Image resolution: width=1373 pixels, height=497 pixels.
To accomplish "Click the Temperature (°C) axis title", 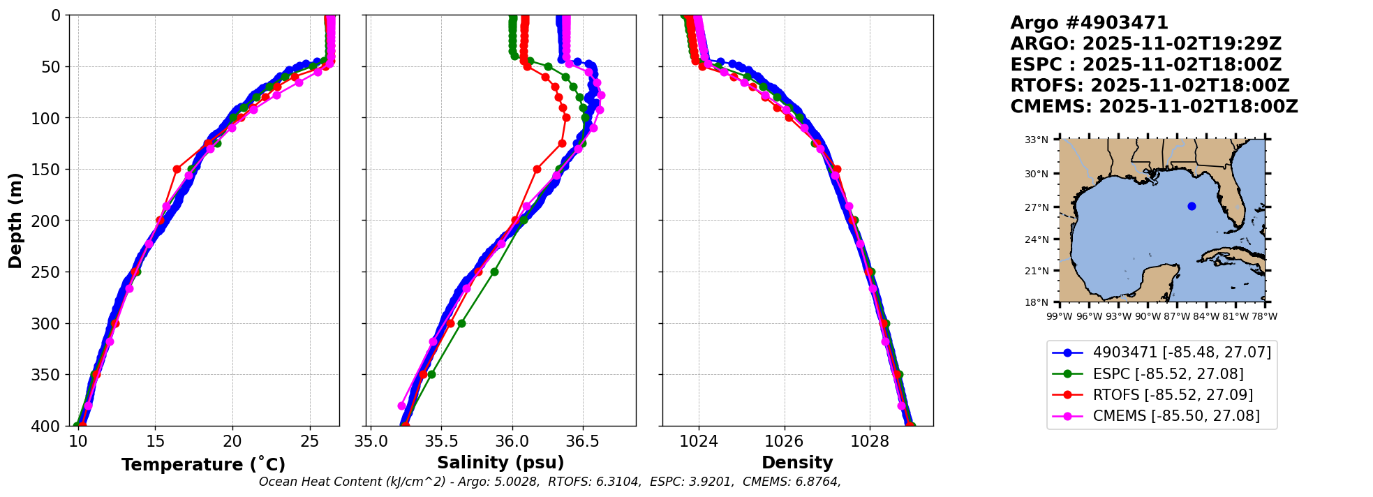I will click(x=203, y=465).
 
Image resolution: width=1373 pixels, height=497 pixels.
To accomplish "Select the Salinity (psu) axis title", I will click(x=500, y=463).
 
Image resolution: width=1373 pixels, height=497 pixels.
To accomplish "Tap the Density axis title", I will click(x=797, y=463).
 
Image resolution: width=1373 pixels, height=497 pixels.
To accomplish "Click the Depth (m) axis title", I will click(x=15, y=220).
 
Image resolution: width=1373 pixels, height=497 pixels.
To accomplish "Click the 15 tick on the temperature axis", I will click(x=155, y=441).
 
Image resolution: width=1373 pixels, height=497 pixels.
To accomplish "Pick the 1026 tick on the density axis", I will click(x=784, y=441).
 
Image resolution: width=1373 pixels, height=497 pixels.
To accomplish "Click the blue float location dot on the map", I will click(x=1192, y=206).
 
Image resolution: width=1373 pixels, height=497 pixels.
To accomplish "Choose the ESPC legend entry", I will click(x=1168, y=374).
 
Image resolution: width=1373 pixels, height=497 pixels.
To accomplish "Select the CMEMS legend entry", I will click(x=1176, y=416).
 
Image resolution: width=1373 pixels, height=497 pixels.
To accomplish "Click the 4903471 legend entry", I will click(x=1182, y=353).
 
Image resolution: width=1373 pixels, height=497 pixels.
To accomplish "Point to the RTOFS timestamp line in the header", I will click(x=1150, y=86).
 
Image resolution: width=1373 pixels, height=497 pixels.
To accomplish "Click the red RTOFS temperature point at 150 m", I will click(x=177, y=169).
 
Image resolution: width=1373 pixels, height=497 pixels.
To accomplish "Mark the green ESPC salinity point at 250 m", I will click(x=494, y=272).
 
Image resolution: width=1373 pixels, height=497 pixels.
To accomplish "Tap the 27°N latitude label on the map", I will click(x=1037, y=207).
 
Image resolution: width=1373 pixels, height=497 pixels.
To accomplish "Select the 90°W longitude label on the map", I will click(x=1148, y=316).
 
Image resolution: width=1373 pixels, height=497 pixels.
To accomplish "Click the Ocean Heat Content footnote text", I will click(x=549, y=482).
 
